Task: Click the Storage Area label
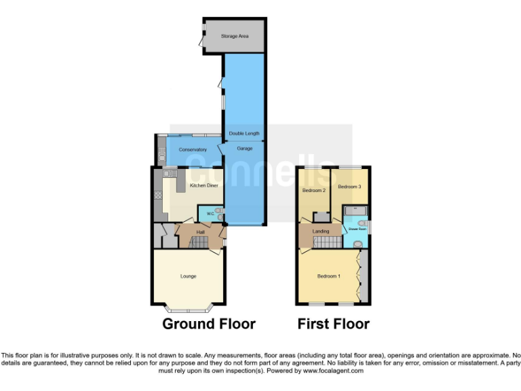pyautogui.click(x=234, y=35)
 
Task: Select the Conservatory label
pyautogui.click(x=193, y=149)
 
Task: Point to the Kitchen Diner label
pyautogui.click(x=203, y=185)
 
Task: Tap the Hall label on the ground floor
pyautogui.click(x=201, y=232)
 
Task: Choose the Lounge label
pyautogui.click(x=188, y=276)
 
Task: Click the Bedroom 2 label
pyautogui.click(x=313, y=190)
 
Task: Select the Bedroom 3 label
pyautogui.click(x=349, y=186)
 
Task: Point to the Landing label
pyautogui.click(x=321, y=231)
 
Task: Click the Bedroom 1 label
pyautogui.click(x=329, y=276)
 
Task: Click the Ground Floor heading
pyautogui.click(x=209, y=324)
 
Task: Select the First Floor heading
pyautogui.click(x=334, y=324)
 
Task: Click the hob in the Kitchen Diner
pyautogui.click(x=158, y=195)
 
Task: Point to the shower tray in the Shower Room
pyautogui.click(x=354, y=210)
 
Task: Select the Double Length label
pyautogui.click(x=244, y=134)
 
